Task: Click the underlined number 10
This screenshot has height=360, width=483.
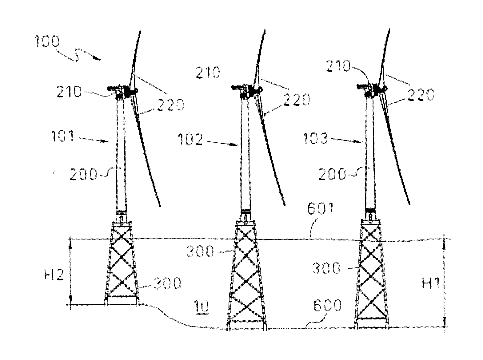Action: coord(202,306)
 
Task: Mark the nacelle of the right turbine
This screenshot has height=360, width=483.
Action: coord(371,90)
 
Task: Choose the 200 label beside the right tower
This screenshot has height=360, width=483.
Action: coord(332,174)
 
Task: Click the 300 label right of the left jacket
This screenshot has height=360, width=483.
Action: coord(167,283)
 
